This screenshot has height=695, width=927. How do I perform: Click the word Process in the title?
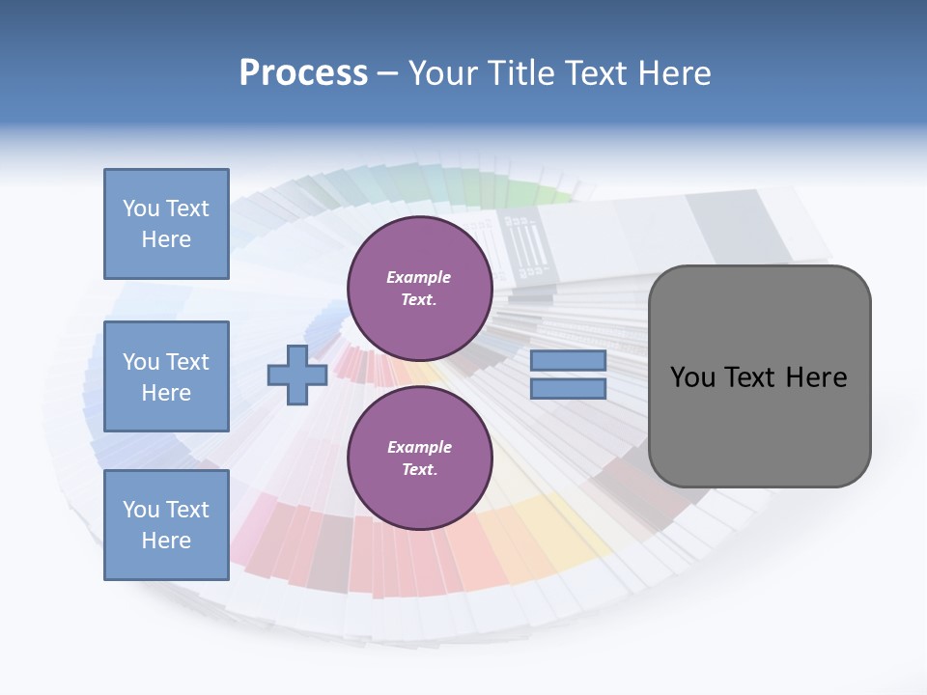tap(303, 73)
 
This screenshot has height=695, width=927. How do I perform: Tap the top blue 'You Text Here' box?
tap(166, 224)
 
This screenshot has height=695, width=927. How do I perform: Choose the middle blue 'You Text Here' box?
tap(166, 376)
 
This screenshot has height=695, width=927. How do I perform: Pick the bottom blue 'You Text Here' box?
tap(166, 525)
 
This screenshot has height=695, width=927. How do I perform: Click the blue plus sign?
tap(297, 375)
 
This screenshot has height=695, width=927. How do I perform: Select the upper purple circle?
tap(419, 288)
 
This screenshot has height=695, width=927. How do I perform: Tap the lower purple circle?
tap(419, 458)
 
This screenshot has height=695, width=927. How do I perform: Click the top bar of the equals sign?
tap(568, 361)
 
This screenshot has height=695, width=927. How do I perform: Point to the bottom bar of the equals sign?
tap(568, 389)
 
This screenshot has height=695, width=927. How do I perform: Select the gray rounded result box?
tap(759, 425)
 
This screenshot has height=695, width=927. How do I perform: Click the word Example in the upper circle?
tap(419, 277)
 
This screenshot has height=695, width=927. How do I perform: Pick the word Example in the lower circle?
tap(419, 447)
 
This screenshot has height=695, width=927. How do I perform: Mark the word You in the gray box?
tap(691, 377)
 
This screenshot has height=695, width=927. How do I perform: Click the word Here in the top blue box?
tap(166, 239)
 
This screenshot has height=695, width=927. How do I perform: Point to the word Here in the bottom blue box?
tap(166, 541)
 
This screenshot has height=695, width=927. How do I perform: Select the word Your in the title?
tap(442, 73)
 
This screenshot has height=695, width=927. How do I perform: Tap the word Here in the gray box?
tap(816, 377)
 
